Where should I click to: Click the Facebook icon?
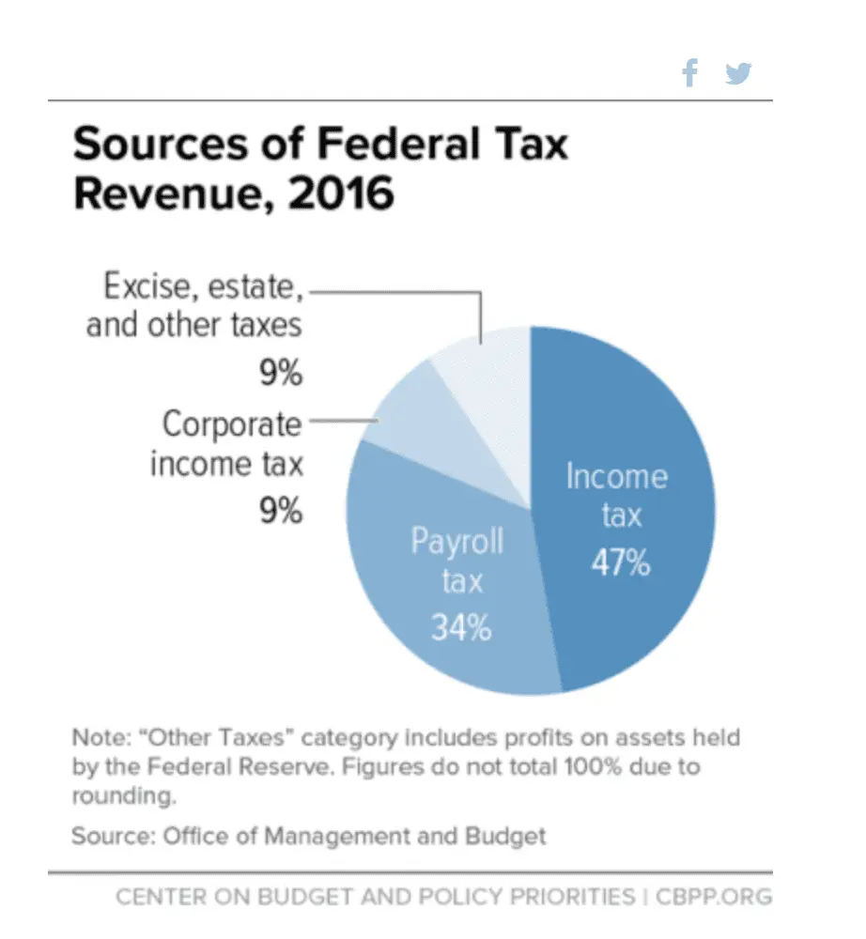click(x=689, y=73)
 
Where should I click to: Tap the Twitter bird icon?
click(x=739, y=73)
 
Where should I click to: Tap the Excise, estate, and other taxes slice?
click(x=488, y=366)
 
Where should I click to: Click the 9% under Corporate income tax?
click(x=281, y=512)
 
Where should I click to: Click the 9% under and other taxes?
click(x=281, y=374)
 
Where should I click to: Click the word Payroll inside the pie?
click(x=457, y=542)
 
